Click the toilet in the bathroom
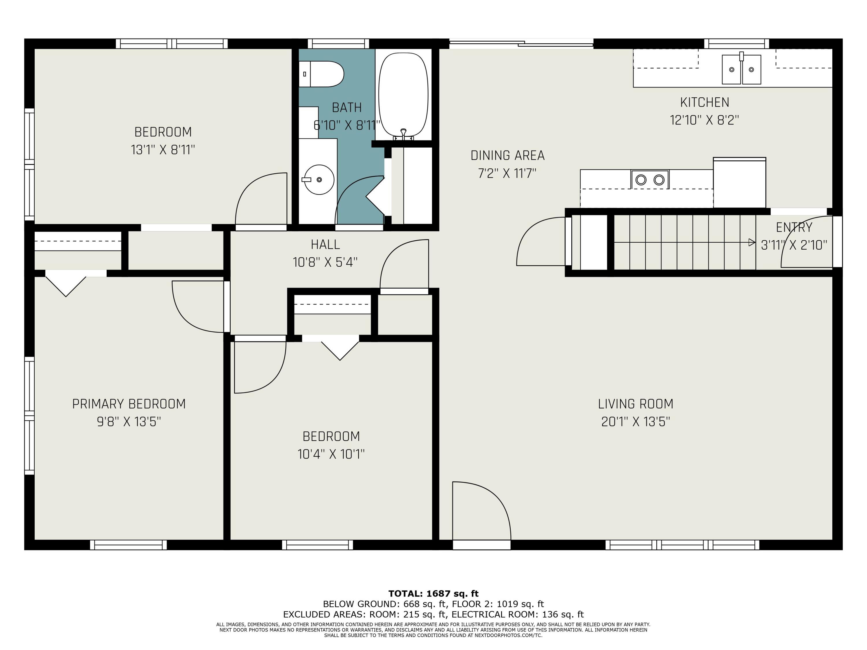pos(321,74)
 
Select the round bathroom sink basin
pos(319,179)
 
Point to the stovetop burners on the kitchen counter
pos(650,179)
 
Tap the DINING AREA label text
pos(507,155)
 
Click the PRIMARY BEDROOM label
pos(129,404)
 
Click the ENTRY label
pos(794,227)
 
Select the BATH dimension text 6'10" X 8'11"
pos(347,125)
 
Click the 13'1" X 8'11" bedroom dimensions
pos(163,150)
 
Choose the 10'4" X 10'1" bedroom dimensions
pos(331,454)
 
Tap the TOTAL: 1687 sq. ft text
pos(433,594)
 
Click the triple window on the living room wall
pos(682,545)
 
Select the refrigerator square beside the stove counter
pos(740,183)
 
